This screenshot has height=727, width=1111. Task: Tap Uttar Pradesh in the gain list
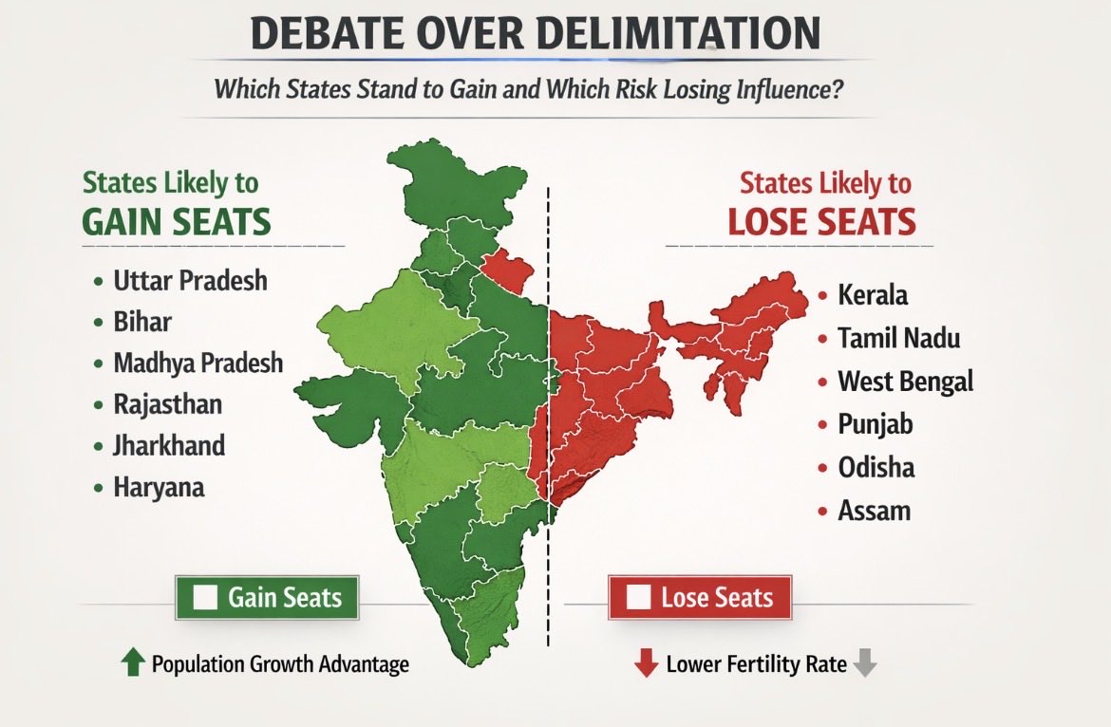pos(190,281)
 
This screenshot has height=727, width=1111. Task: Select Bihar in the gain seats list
pos(142,322)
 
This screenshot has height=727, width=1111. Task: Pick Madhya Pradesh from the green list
pos(198,363)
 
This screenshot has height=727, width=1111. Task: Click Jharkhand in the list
pos(169,445)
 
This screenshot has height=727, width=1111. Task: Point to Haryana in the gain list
pos(159,487)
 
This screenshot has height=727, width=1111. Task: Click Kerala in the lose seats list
pos(872,294)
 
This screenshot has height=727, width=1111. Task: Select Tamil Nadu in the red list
pos(898,338)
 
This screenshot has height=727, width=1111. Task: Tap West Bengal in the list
pos(905,382)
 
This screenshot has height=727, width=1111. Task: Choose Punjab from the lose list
pos(875,424)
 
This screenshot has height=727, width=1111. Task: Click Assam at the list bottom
pos(874,511)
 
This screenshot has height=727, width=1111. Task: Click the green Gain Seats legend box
pos(267,597)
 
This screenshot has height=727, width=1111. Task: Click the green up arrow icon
pos(133,663)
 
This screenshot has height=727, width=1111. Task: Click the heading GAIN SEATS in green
pos(177,221)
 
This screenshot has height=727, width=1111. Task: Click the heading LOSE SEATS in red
pos(821,221)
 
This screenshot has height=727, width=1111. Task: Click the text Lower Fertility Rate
pos(756,664)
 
